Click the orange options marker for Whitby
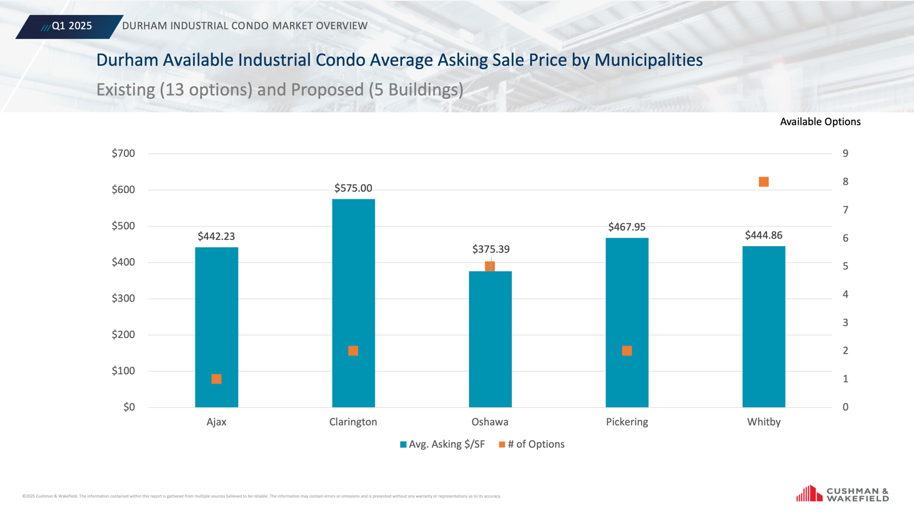(x=764, y=182)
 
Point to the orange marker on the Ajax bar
(x=217, y=379)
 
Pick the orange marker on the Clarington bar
(x=353, y=351)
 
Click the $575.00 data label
(x=353, y=188)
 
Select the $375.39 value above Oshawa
(x=491, y=249)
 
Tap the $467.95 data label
(x=627, y=227)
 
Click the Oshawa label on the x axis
(x=490, y=422)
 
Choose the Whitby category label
(x=764, y=422)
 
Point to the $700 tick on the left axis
(x=123, y=153)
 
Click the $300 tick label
(x=123, y=298)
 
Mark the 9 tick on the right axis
(x=845, y=153)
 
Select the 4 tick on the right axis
(x=845, y=294)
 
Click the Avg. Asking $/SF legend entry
(x=442, y=444)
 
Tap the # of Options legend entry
(x=532, y=444)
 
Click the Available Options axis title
(x=820, y=122)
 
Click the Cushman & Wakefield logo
(x=843, y=494)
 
